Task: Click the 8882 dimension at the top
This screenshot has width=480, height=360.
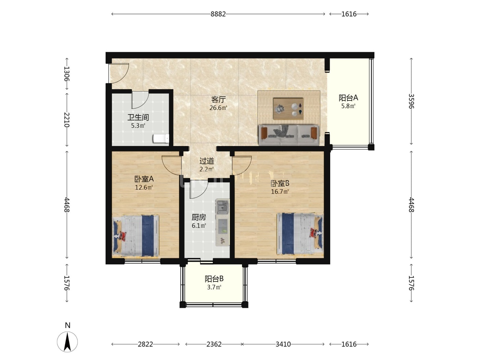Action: (x=218, y=14)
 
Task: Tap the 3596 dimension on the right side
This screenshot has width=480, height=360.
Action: (x=411, y=101)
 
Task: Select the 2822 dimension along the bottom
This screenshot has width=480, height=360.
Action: (x=145, y=344)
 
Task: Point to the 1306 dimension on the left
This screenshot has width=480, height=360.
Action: (x=67, y=74)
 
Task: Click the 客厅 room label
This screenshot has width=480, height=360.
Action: (x=218, y=100)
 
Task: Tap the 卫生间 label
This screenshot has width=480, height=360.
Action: (x=138, y=117)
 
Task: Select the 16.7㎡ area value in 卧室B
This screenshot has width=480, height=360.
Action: (x=280, y=192)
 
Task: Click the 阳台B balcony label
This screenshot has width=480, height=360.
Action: (x=214, y=279)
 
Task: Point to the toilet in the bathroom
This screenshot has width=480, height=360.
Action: (x=161, y=139)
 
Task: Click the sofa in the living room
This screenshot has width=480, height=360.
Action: (x=289, y=135)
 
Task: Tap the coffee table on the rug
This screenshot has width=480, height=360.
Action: (x=288, y=109)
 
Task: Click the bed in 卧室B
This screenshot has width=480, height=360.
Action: (x=300, y=234)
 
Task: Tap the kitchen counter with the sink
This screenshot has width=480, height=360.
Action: (x=223, y=223)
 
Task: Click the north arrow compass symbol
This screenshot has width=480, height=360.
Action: (x=67, y=341)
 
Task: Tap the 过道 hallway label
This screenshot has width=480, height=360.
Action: (x=207, y=161)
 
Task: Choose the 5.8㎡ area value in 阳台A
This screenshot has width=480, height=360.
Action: (x=348, y=106)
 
